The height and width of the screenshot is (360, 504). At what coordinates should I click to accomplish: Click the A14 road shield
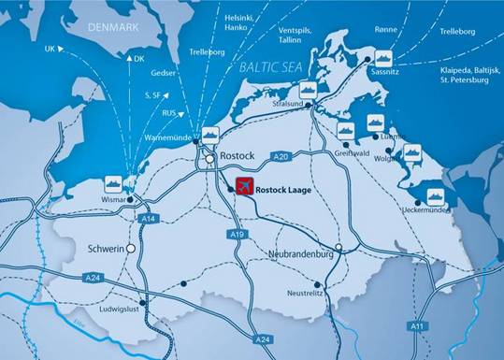[145, 219]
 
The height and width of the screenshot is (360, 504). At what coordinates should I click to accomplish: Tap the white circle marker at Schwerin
[131, 250]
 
